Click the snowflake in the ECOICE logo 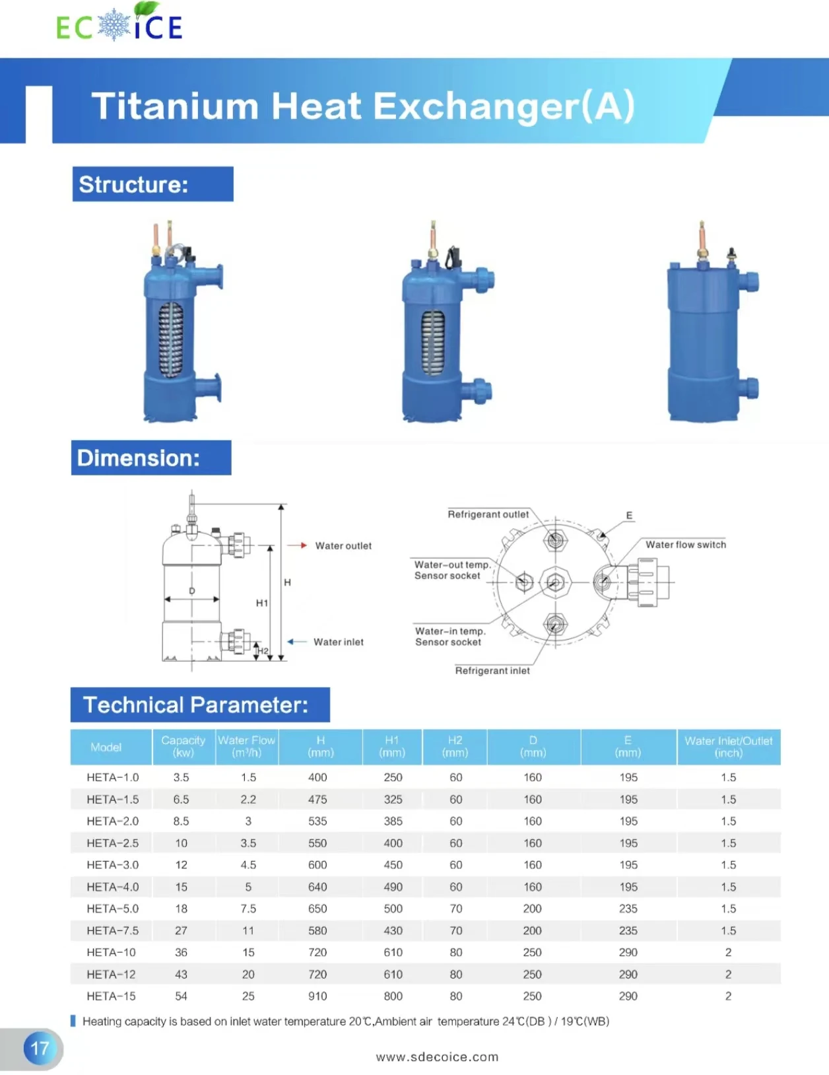114,25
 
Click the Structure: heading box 152,184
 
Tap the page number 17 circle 40,1048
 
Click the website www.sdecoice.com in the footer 437,1057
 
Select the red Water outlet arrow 297,545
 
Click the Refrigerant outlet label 488,514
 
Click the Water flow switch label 685,545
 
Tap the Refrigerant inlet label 492,671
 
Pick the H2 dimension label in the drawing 263,651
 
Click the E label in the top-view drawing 629,516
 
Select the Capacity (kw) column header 183,747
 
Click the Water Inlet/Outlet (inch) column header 728,747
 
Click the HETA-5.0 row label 112,909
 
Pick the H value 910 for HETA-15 317,996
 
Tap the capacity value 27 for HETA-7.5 181,930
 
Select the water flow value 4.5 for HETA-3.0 248,865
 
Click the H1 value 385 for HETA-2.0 393,821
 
